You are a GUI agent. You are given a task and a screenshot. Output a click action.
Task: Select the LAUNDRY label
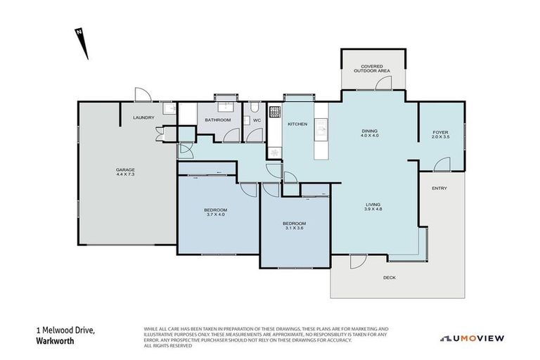(144, 117)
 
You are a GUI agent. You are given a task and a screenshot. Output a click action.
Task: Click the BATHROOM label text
(217, 120)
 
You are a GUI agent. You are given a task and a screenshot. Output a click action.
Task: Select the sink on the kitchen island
(321, 128)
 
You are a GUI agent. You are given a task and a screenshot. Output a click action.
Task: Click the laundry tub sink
(169, 109)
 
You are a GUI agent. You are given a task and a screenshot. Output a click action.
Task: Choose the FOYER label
(440, 132)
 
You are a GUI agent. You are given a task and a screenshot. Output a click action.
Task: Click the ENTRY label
(439, 188)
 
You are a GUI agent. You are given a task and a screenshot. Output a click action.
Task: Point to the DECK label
(389, 278)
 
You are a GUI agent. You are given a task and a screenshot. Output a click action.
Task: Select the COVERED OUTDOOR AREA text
(373, 69)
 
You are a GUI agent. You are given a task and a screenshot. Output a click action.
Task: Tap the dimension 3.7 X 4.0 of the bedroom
(215, 214)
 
